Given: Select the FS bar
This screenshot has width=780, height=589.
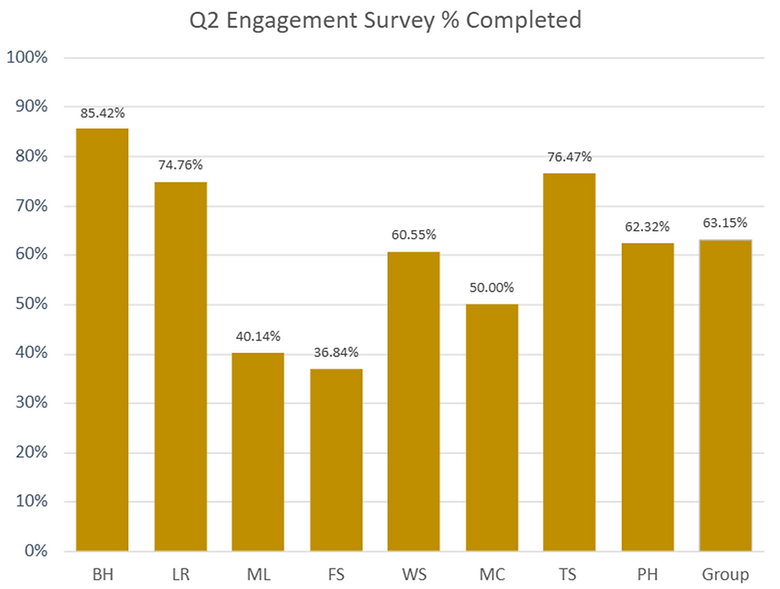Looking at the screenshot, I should [x=336, y=460].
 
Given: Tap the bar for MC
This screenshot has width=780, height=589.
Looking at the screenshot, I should [x=492, y=427].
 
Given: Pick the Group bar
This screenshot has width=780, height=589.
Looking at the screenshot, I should [x=725, y=395].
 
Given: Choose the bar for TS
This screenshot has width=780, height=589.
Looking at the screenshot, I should [x=569, y=362].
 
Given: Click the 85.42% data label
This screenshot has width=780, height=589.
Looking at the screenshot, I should [x=102, y=113].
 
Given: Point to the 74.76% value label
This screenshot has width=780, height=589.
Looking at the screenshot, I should [x=181, y=166].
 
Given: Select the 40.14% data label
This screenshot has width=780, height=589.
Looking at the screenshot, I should [x=258, y=336].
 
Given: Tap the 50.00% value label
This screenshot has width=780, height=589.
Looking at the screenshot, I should [x=492, y=287].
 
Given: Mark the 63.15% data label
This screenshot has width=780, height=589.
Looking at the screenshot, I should [x=725, y=223].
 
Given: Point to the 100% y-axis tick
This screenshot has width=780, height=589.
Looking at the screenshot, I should [x=28, y=57].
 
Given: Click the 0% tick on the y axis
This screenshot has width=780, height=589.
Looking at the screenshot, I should [x=35, y=551].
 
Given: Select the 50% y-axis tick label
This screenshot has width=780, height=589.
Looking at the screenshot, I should [x=32, y=305].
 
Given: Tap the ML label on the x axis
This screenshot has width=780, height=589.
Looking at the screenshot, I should [x=258, y=574].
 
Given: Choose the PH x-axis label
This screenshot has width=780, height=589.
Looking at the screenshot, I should [x=647, y=574].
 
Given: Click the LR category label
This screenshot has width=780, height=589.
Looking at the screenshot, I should [x=181, y=574].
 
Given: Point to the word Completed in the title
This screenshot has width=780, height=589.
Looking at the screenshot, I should [x=523, y=20].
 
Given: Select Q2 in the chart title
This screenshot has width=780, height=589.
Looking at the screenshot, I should [x=204, y=21].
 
